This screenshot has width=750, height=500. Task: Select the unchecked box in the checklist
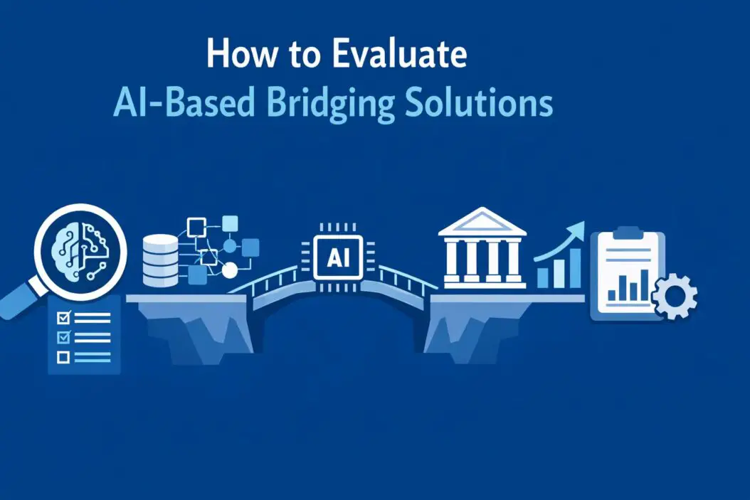[63, 358]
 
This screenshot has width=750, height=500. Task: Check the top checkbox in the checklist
[63, 315]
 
